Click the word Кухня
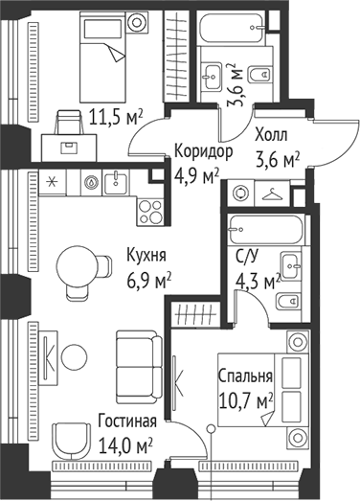146,256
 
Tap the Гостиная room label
128,421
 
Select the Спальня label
246,376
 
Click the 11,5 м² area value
116,118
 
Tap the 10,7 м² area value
246,399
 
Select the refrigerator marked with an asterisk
52,180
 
